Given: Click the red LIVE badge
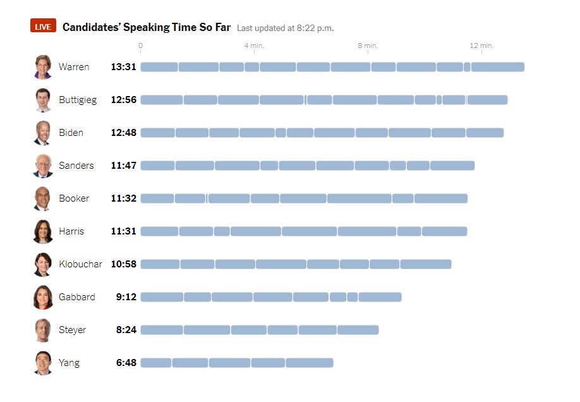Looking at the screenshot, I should [43, 27].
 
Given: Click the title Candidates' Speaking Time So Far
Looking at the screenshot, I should [147, 27].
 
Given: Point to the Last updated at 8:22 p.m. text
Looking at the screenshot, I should [285, 28].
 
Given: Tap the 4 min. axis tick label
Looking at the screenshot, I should [254, 46].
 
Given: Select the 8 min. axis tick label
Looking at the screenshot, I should [368, 46].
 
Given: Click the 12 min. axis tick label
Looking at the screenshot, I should [481, 46].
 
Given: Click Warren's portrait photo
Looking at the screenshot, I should [43, 67].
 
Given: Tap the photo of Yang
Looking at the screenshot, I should [43, 363].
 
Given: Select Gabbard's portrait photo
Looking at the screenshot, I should [43, 297].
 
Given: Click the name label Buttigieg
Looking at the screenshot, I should [78, 100].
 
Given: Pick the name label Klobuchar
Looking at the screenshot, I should [80, 264].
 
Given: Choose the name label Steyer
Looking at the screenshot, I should [73, 330].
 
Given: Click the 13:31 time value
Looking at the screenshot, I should [123, 67].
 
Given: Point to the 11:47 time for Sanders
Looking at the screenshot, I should [123, 166].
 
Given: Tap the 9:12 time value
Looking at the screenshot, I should [126, 297].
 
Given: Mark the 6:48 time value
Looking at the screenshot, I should [126, 363].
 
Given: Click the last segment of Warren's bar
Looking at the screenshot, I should [497, 67].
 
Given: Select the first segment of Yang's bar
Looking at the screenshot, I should [156, 363].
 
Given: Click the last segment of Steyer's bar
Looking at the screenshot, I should [358, 330].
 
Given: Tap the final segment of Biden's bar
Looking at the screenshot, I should [485, 133].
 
